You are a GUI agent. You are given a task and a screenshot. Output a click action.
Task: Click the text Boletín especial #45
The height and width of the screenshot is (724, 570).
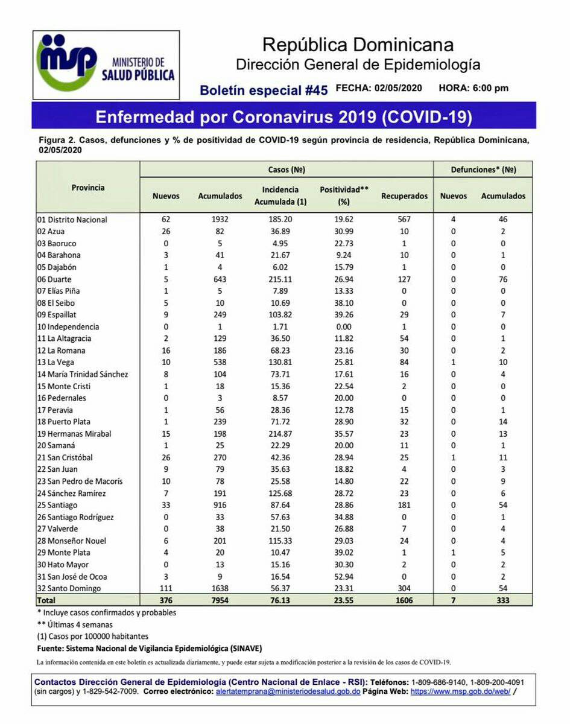[x=264, y=91]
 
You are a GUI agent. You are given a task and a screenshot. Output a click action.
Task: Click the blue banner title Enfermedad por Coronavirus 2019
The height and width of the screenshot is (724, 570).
[x=283, y=116]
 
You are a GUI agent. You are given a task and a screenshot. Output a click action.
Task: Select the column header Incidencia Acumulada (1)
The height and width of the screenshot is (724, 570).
[x=280, y=195]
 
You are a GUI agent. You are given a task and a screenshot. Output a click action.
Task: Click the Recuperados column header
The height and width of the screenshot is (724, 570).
[x=404, y=196]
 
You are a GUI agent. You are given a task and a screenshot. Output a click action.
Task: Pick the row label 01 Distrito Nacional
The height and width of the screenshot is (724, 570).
[x=72, y=220]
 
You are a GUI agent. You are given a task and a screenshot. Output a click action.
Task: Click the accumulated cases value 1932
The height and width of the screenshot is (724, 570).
[x=220, y=220]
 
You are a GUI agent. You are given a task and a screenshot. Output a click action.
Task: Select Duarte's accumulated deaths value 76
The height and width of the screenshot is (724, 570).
[x=502, y=279]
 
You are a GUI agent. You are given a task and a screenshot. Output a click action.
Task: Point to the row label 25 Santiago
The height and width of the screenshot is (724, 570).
[x=57, y=505]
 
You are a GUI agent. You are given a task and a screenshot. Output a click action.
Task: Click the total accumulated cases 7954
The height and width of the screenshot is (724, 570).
[x=220, y=601]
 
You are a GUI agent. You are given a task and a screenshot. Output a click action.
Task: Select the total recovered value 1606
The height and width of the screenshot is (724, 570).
[x=404, y=601]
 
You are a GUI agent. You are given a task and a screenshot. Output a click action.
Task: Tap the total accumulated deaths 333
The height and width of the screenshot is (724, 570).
[x=502, y=601]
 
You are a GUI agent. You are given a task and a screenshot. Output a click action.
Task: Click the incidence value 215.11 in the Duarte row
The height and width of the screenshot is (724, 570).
[x=280, y=279]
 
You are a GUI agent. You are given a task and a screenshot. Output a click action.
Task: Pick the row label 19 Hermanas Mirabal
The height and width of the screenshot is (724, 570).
[x=74, y=434]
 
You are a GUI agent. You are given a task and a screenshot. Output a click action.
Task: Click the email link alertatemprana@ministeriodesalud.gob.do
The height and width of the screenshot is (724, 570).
[x=288, y=691]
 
